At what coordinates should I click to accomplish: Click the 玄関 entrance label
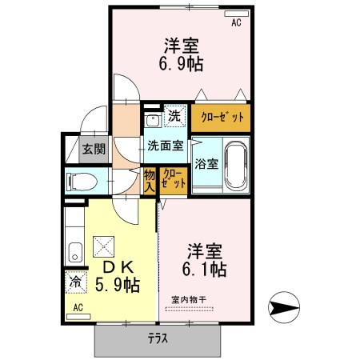(94, 149)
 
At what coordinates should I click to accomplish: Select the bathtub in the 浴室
(236, 162)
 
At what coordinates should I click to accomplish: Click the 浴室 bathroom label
(206, 166)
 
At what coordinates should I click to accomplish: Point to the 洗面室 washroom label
(165, 146)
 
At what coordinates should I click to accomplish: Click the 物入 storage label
(149, 179)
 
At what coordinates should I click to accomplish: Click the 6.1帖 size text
(204, 270)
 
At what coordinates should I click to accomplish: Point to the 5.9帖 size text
(118, 284)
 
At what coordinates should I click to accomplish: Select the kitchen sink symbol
(74, 252)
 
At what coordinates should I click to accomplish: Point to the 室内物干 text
(188, 299)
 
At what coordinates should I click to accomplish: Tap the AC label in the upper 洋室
(236, 24)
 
